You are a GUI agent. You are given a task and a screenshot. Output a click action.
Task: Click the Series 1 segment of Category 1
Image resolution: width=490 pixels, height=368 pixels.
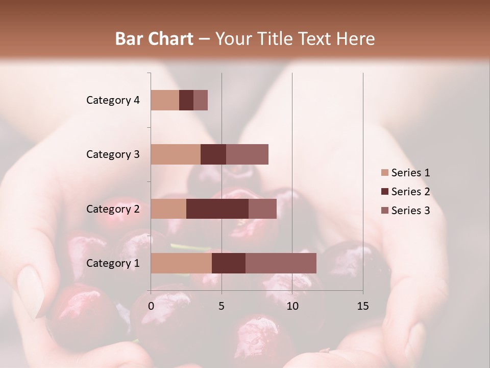tap(181, 263)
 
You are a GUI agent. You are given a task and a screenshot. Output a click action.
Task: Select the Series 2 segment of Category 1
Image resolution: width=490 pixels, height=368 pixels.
tap(229, 263)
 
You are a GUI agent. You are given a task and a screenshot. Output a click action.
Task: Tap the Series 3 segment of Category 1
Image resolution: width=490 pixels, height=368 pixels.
tap(281, 263)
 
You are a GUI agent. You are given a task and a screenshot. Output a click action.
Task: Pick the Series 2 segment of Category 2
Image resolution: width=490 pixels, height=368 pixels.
tap(217, 209)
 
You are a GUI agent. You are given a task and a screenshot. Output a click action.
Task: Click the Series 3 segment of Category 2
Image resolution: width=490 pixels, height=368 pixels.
tap(262, 209)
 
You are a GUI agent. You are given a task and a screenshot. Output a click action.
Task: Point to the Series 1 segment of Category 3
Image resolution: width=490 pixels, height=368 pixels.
tap(176, 154)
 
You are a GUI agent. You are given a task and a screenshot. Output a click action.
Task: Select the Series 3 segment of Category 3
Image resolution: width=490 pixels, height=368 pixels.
tap(247, 154)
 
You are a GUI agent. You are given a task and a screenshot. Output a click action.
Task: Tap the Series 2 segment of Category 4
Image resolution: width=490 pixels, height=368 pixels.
tap(186, 100)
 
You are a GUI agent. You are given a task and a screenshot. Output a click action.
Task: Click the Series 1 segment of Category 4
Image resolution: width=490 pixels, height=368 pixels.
tap(165, 100)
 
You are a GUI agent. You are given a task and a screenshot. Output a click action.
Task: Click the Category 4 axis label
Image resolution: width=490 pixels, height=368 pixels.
tap(113, 100)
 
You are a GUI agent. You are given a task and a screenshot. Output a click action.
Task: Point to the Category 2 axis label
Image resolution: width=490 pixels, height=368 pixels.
tap(113, 209)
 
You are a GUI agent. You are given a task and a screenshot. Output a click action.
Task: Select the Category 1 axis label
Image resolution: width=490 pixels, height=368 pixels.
tap(113, 263)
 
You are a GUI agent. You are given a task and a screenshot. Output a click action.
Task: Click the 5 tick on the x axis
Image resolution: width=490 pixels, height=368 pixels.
tap(222, 307)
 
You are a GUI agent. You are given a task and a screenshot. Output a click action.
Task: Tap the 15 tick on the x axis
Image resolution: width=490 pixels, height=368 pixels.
tap(362, 307)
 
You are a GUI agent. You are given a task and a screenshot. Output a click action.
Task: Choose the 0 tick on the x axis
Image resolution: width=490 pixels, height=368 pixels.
tap(151, 307)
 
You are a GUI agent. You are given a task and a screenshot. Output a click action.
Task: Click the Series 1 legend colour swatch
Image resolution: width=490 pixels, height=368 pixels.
tap(384, 173)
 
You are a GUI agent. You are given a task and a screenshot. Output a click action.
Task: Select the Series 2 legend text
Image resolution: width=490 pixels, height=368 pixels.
tap(410, 192)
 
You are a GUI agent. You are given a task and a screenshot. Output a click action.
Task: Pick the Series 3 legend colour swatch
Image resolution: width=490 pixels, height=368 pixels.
tap(384, 211)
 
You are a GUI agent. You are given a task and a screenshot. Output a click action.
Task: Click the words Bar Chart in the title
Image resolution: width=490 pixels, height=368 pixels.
tap(154, 39)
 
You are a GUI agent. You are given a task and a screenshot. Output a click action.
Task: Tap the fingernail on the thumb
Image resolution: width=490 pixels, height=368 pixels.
tap(31, 291)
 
